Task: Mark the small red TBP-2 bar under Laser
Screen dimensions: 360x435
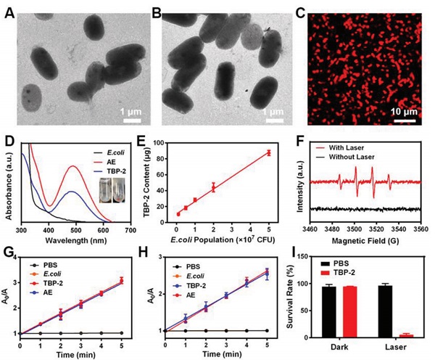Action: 406,335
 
